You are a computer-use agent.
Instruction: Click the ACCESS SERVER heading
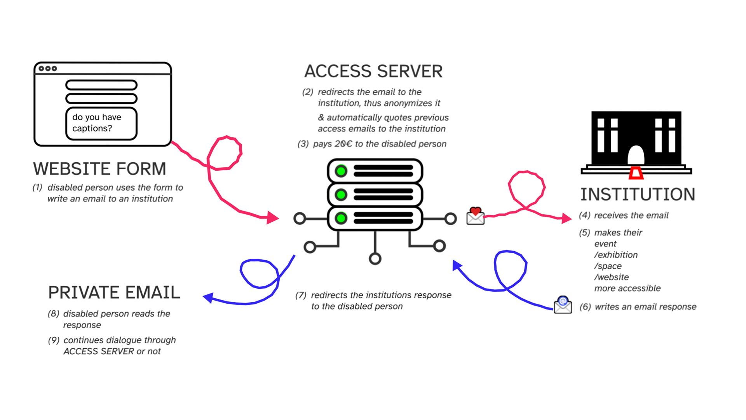(x=373, y=72)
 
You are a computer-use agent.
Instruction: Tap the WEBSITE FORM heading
(x=99, y=169)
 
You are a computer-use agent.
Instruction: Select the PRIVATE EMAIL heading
(x=114, y=292)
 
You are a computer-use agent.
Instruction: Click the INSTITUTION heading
(x=638, y=194)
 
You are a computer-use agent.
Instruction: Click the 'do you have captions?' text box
(x=101, y=123)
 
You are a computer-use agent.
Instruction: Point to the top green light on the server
(x=341, y=171)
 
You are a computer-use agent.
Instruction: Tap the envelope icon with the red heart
(x=475, y=216)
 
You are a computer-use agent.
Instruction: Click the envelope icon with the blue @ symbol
(x=563, y=305)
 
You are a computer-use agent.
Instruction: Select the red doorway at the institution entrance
(x=636, y=173)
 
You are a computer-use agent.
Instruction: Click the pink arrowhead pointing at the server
(x=273, y=218)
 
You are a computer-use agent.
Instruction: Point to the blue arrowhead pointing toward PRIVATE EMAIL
(x=209, y=297)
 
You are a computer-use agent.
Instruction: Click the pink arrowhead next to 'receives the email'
(x=566, y=219)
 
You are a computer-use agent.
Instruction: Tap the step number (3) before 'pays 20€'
(x=303, y=144)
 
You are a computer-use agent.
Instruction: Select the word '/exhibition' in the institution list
(x=616, y=255)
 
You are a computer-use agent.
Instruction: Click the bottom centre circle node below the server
(x=375, y=259)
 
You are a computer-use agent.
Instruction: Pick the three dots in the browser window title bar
(x=48, y=68)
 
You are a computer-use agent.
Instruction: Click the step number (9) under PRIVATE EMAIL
(x=54, y=340)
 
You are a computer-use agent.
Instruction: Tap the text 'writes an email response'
(x=645, y=307)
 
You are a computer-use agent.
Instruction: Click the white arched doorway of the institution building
(x=636, y=155)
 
